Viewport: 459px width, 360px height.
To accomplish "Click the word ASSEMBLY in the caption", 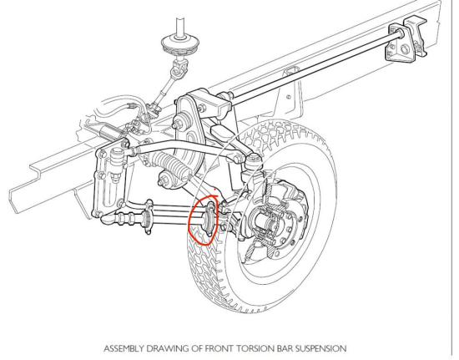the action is [124, 349].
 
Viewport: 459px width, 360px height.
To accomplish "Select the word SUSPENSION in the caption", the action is [320, 349].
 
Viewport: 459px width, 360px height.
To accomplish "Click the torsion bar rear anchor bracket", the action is [407, 41].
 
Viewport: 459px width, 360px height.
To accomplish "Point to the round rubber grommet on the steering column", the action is [180, 44].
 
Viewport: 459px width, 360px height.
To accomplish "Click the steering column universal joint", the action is [179, 68].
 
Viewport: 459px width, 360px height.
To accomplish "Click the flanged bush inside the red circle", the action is [209, 218].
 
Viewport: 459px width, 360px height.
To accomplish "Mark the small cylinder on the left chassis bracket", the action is [117, 164].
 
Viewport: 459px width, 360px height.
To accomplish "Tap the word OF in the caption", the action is [196, 349].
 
